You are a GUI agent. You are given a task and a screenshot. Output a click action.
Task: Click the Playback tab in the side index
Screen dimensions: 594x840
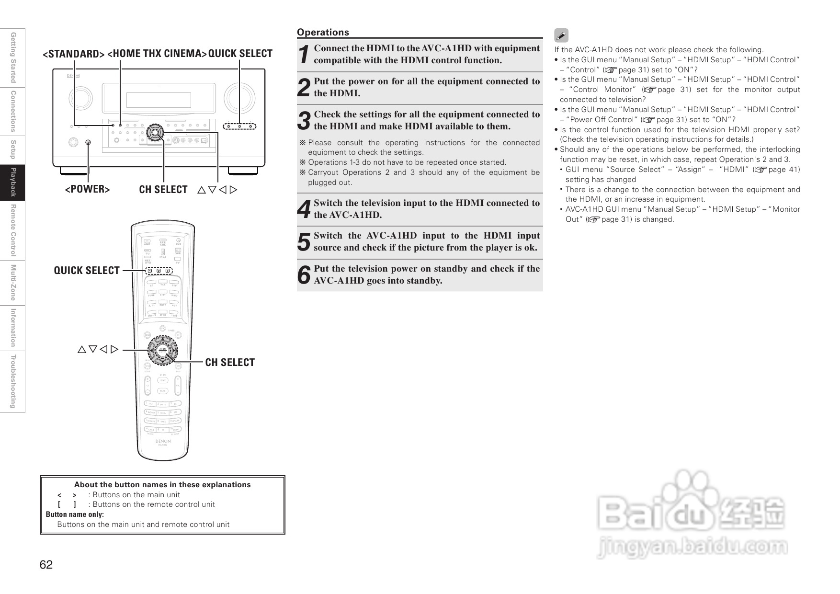tap(13, 183)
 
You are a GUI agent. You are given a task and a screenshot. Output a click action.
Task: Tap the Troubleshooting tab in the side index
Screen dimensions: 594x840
tap(13, 382)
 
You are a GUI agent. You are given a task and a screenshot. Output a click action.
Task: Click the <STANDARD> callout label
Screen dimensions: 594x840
tap(74, 54)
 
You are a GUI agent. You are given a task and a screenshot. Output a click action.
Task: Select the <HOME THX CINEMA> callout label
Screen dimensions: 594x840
tap(157, 53)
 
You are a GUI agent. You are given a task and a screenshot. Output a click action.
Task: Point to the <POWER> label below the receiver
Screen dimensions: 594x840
tap(87, 189)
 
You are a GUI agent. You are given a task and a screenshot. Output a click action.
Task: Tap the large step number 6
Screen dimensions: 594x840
tap(304, 275)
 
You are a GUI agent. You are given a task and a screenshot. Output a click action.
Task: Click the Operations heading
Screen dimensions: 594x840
tap(323, 32)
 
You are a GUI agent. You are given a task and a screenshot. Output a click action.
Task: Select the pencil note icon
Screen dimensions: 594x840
tap(561, 36)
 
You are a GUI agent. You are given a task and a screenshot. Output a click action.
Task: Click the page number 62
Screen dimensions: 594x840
tap(46, 565)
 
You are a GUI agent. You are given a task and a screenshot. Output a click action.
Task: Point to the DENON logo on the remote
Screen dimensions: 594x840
tap(163, 441)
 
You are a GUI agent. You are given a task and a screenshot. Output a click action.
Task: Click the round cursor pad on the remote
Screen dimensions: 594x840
tap(162, 350)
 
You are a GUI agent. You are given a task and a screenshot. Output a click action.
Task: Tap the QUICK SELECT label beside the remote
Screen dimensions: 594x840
tap(87, 271)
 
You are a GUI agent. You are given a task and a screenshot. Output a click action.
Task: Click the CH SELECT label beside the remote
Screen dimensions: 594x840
tap(230, 363)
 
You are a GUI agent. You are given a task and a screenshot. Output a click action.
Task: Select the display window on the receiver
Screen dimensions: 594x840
tap(159, 100)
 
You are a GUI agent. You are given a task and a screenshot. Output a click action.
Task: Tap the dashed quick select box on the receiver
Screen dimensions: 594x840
tap(239, 126)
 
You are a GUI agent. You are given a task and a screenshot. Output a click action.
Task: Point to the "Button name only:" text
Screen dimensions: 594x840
tap(75, 514)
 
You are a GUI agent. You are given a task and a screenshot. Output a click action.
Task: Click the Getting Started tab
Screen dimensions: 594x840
tap(13, 57)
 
